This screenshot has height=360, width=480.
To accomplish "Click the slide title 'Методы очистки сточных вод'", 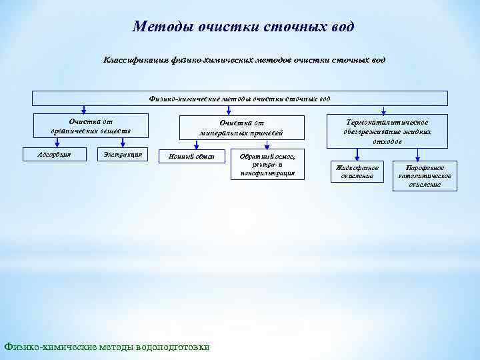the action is click(x=243, y=27).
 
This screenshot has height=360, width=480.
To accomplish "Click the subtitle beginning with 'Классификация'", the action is click(x=243, y=60).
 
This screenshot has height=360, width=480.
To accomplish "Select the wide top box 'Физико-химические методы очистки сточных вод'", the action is click(x=239, y=99).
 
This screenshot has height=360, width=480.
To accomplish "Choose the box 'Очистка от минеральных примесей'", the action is click(x=241, y=127).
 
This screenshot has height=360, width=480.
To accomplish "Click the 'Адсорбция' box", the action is click(x=55, y=155).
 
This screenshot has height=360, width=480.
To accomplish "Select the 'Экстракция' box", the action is click(x=123, y=155).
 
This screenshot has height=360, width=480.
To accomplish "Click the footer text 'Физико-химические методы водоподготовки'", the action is click(x=107, y=347).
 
